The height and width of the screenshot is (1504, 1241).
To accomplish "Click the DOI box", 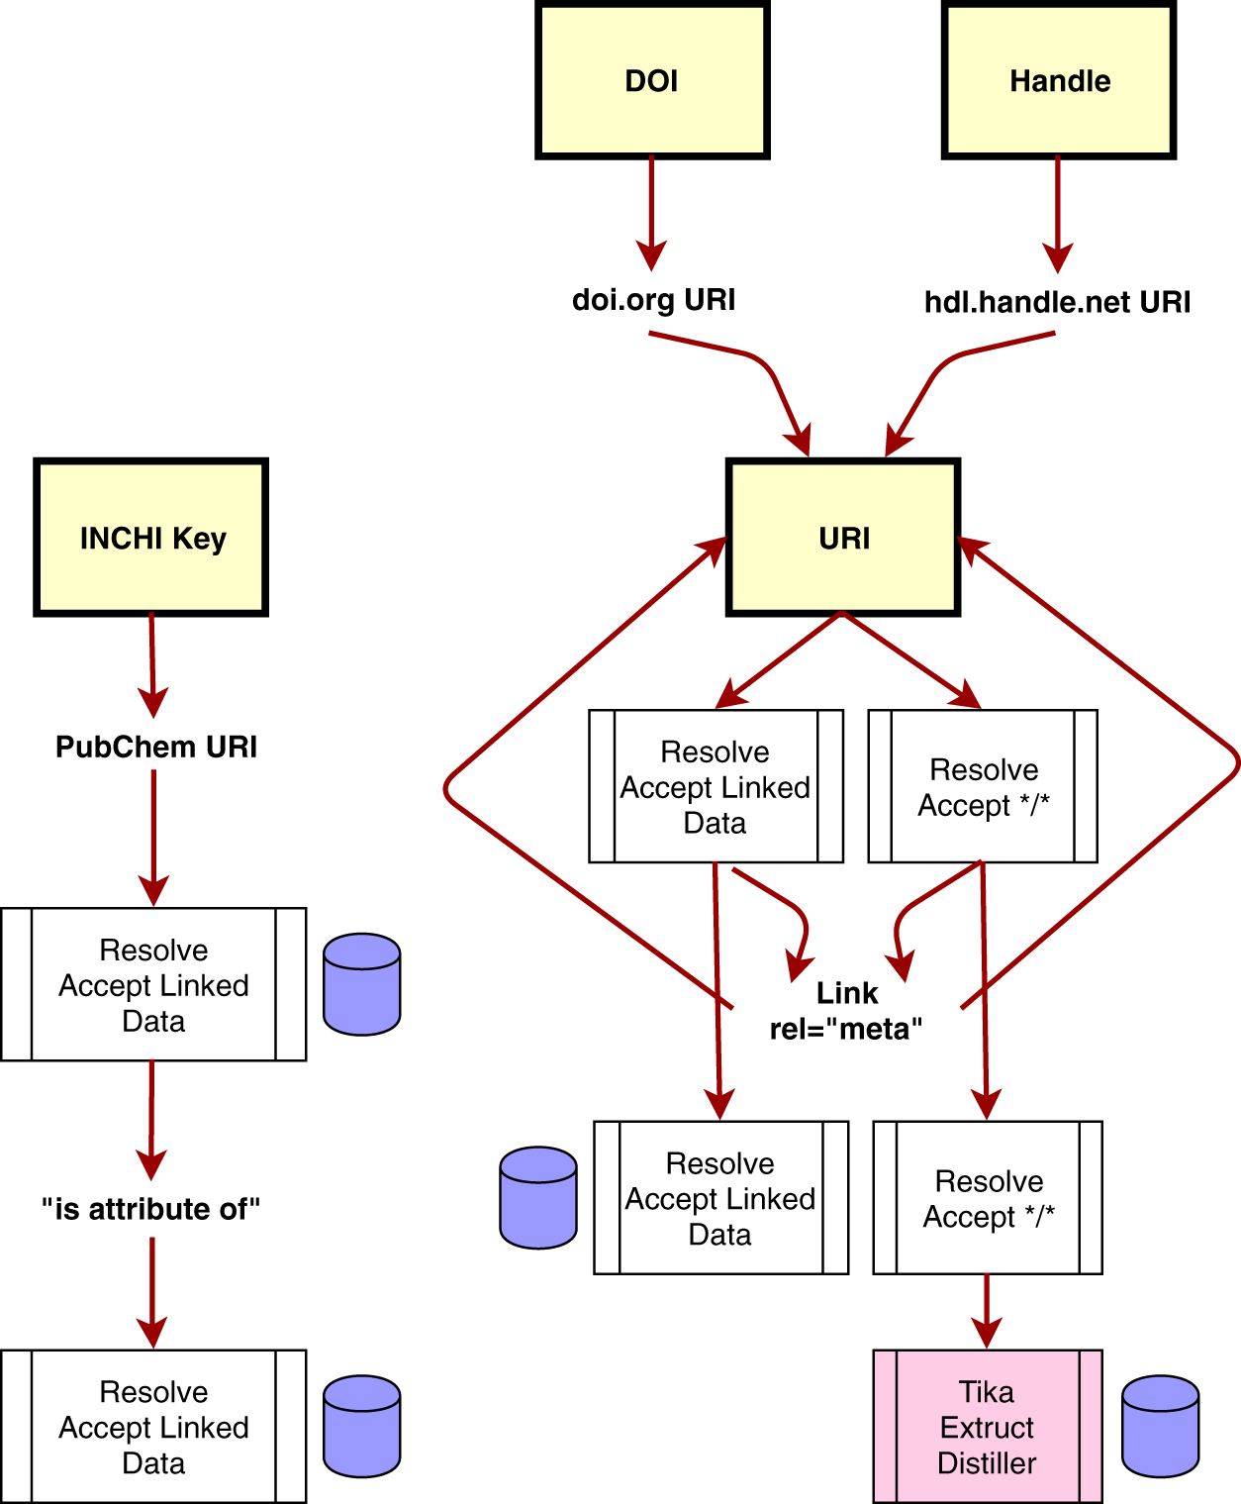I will (652, 80).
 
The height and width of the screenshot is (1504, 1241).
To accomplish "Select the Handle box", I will (1059, 80).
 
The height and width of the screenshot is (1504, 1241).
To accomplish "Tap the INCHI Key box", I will (151, 538).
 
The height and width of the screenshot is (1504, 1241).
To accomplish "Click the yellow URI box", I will (843, 538).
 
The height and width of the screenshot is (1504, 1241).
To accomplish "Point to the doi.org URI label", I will (653, 300).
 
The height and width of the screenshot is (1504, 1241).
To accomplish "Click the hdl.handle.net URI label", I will (1057, 302).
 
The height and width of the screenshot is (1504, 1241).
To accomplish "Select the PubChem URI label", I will (155, 747).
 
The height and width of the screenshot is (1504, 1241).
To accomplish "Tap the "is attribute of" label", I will (150, 1209).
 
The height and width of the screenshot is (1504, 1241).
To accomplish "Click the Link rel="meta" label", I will (846, 1011).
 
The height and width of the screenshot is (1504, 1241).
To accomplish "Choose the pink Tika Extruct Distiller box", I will (987, 1427).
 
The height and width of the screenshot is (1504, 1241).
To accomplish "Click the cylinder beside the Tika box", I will (1160, 1426).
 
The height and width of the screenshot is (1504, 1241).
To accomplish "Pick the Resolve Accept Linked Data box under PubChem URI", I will (153, 985).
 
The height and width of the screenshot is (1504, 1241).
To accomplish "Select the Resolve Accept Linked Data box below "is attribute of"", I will (153, 1427).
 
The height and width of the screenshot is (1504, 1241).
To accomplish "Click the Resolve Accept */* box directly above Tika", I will (988, 1198).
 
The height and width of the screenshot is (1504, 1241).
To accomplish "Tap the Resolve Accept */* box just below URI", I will (983, 786).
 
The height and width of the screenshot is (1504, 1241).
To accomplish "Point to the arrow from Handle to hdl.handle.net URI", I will (1058, 213).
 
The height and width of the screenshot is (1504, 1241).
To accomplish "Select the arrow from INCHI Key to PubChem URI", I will (152, 663).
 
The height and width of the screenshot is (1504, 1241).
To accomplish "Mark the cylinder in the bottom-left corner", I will (362, 1426).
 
